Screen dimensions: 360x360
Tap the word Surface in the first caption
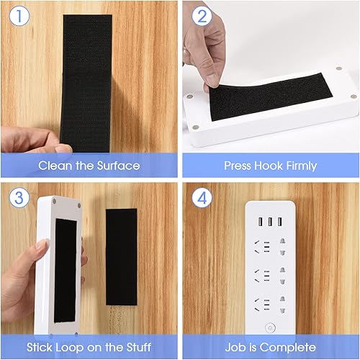114,166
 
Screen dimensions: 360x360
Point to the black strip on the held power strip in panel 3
66,266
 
